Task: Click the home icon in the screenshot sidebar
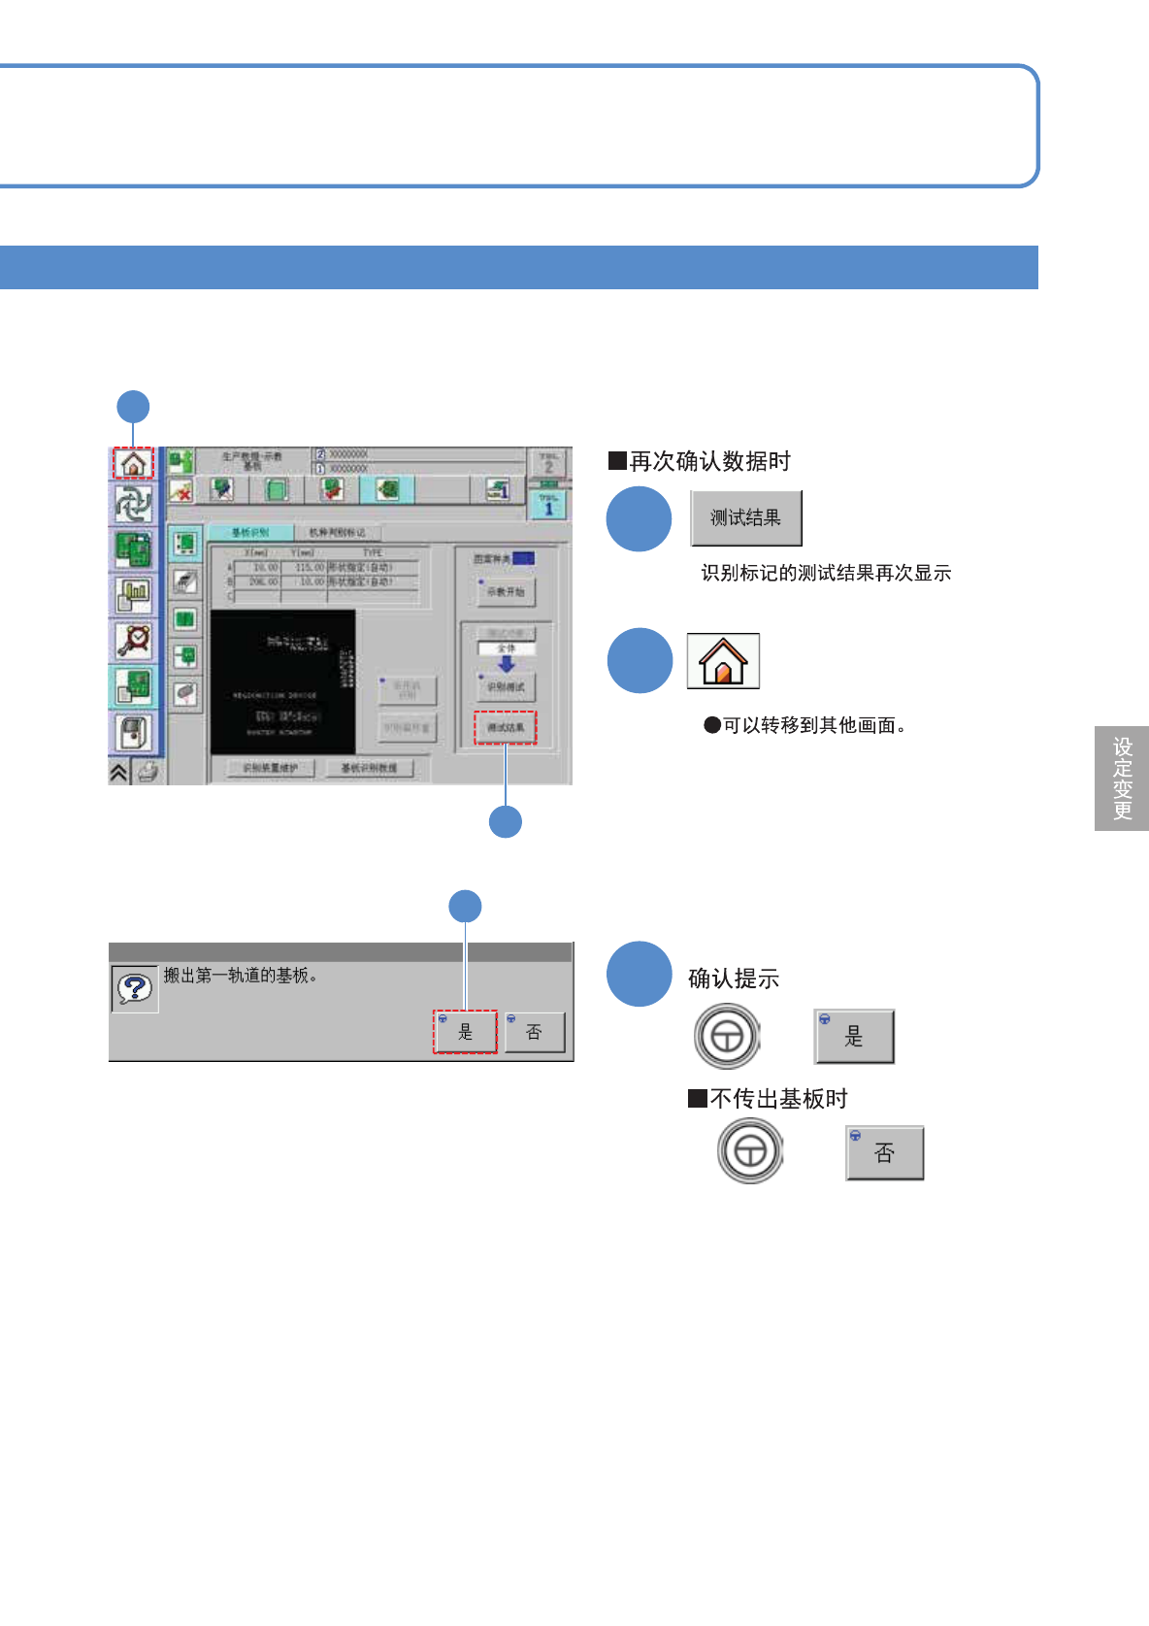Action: tap(133, 463)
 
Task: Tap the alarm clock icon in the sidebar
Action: tap(133, 640)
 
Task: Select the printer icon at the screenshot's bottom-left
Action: tap(148, 772)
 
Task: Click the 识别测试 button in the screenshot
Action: tap(506, 686)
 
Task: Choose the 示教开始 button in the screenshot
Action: tap(506, 591)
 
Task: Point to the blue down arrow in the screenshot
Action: tap(506, 665)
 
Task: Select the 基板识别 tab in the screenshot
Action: tap(250, 532)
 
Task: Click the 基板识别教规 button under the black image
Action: tap(369, 768)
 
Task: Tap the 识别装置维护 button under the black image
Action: tap(271, 768)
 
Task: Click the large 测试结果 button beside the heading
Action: tap(745, 518)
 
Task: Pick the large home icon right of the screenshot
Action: tap(723, 661)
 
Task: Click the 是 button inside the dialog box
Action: tap(465, 1032)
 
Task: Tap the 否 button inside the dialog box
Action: tap(534, 1032)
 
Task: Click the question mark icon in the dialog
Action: tap(134, 988)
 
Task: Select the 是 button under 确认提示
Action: tap(854, 1037)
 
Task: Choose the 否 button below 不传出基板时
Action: tap(884, 1152)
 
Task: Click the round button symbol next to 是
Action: tap(727, 1037)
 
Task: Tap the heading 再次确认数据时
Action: tap(700, 461)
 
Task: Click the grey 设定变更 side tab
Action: tap(1122, 779)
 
